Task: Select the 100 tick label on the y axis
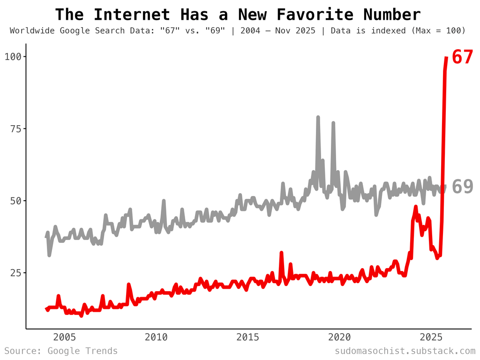pos(13,57)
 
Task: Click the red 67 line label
pos(463,57)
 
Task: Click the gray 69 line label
pos(463,187)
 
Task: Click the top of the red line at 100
pos(446,58)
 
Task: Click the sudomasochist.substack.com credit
pos(405,351)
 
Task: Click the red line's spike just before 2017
pos(281,253)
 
